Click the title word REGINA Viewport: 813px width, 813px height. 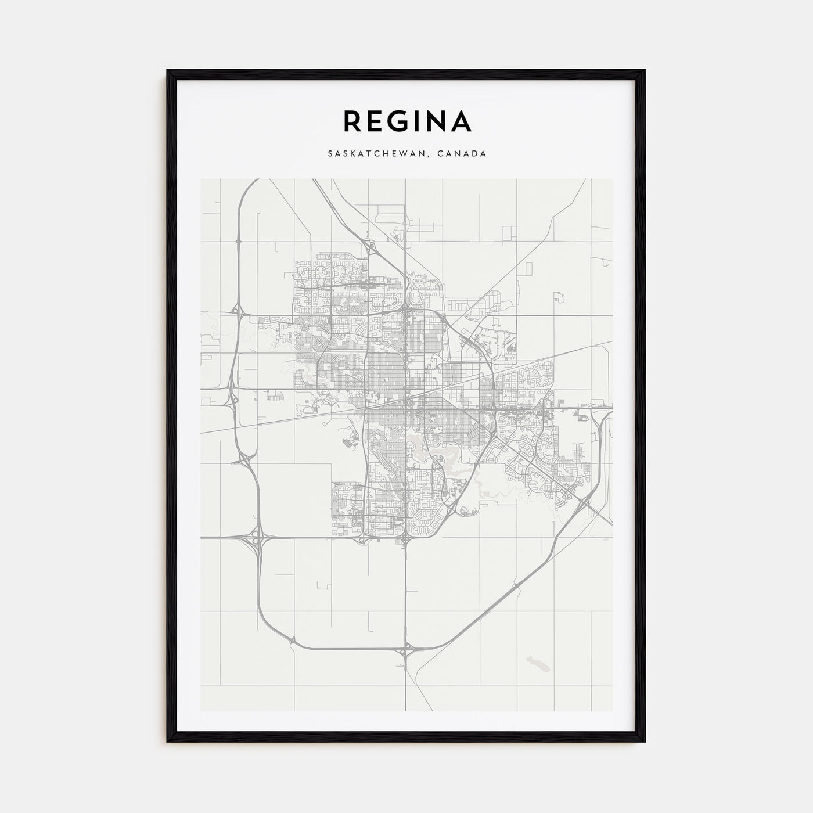[407, 121]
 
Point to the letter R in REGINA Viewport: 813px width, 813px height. [352, 121]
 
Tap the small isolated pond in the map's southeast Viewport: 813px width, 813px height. [532, 660]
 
